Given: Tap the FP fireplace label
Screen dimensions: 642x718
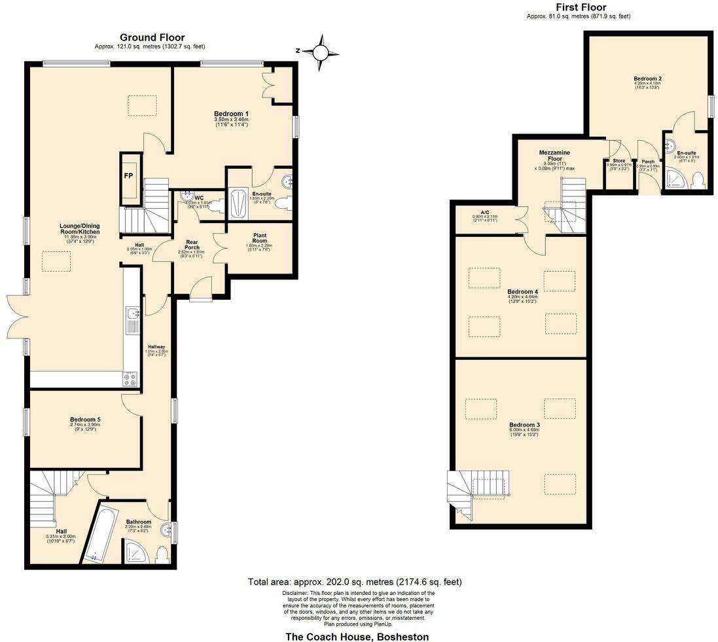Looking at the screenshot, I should click(x=129, y=177).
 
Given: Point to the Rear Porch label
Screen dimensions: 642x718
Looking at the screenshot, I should click(x=191, y=243).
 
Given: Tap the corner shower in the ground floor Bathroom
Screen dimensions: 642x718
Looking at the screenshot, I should click(x=134, y=551).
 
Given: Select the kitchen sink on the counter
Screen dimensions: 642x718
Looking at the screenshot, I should click(x=132, y=317).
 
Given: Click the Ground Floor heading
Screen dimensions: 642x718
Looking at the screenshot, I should click(x=152, y=38).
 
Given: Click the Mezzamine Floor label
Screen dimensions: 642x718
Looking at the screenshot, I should click(x=554, y=156).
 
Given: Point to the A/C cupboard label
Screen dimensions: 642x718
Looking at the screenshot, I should click(x=484, y=212).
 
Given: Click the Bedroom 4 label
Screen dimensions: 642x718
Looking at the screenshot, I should click(x=522, y=291).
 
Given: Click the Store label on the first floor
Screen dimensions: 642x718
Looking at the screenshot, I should click(x=619, y=160).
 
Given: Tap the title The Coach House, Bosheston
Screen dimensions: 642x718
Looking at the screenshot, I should click(x=357, y=636).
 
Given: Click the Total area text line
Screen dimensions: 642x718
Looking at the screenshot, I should click(x=357, y=582).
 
